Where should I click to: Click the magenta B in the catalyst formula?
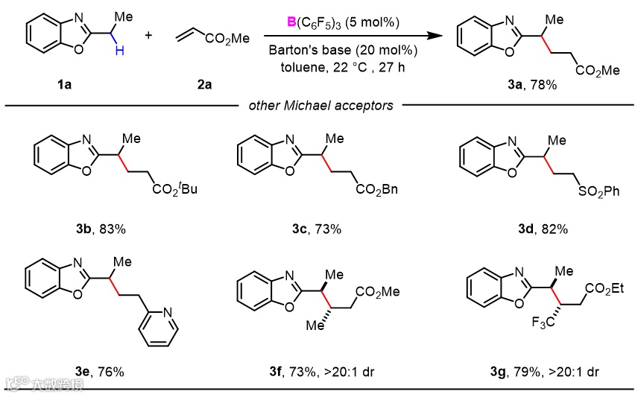click(x=292, y=21)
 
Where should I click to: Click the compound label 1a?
click(x=64, y=84)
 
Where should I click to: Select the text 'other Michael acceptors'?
click(x=320, y=106)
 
